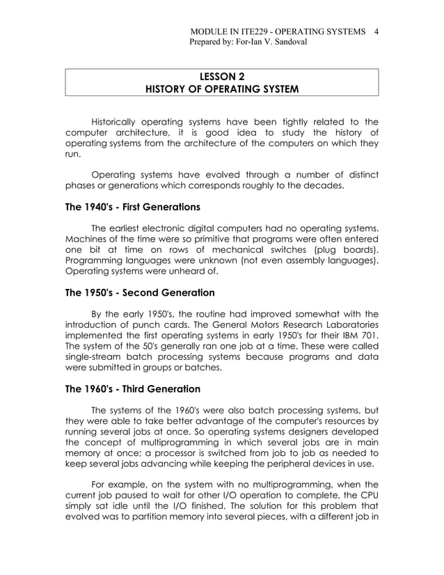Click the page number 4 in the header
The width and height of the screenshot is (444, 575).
pos(376,31)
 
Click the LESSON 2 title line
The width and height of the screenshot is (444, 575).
pos(221,76)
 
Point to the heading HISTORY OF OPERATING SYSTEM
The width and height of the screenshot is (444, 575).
pos(221,89)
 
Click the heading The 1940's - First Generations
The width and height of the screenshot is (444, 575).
pos(132,207)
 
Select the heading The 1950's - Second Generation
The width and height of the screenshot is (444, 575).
pos(139,292)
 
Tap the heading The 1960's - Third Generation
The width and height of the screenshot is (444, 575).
pos(132,389)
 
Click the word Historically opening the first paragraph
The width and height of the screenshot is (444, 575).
pos(120,123)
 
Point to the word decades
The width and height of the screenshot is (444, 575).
pos(322,186)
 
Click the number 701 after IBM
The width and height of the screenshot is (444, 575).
pos(369,336)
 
